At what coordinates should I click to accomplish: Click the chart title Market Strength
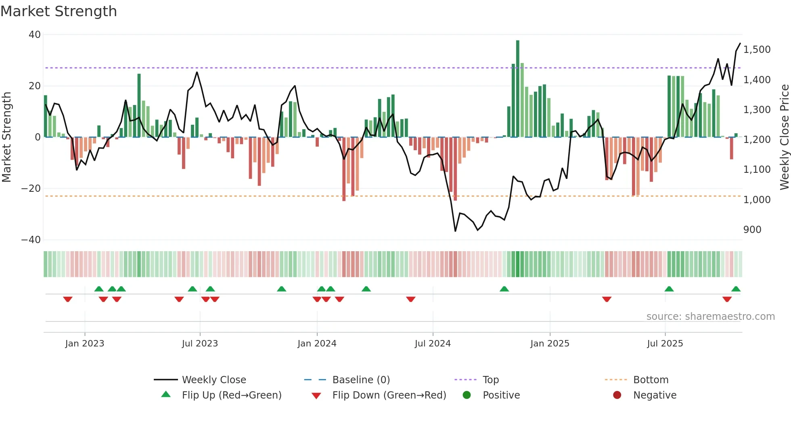[59, 11]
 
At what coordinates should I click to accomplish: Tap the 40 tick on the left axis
[35, 35]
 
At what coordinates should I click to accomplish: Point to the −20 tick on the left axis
[31, 189]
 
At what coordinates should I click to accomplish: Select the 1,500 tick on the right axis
[757, 50]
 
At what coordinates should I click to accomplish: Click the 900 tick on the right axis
[752, 230]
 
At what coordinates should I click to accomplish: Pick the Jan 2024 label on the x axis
[317, 344]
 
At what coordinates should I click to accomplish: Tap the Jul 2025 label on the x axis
[665, 344]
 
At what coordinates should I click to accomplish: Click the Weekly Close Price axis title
[784, 137]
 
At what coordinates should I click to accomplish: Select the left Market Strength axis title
[6, 137]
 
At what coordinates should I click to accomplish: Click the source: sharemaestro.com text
[710, 317]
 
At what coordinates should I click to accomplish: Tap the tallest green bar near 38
[518, 89]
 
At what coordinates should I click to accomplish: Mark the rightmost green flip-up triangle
[736, 289]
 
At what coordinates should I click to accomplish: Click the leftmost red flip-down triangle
[68, 299]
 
